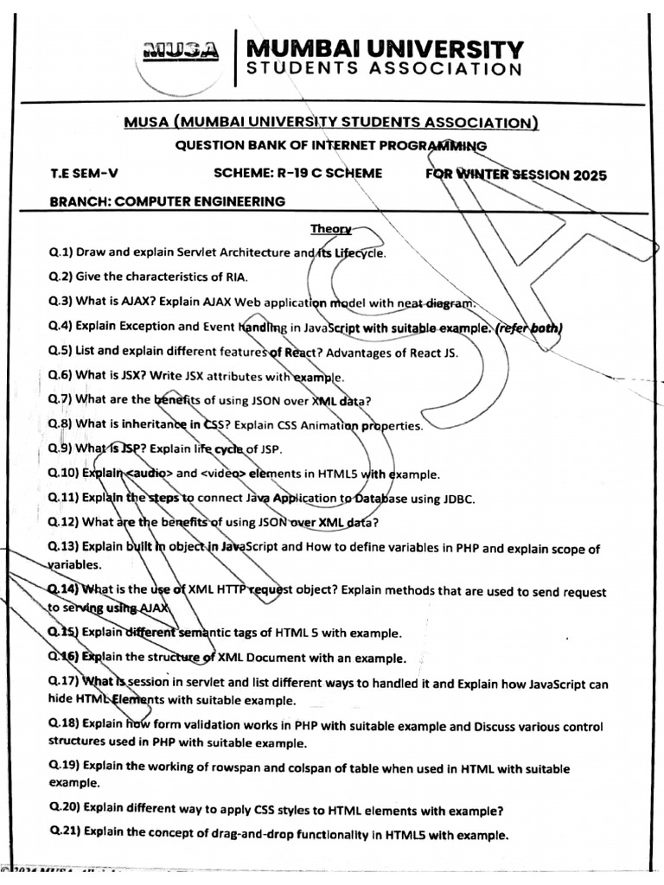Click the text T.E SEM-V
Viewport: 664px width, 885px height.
81,174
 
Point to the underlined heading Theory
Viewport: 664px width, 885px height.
331,229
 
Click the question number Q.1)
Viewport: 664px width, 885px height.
61,253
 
